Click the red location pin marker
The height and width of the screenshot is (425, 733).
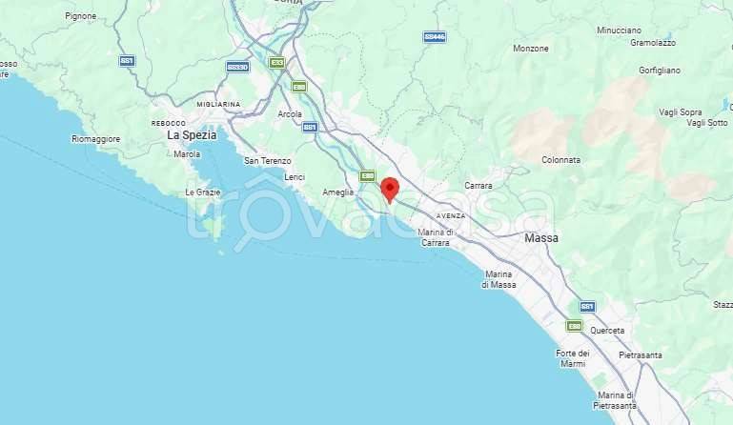[x=389, y=189]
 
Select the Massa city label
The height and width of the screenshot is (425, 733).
[x=541, y=237]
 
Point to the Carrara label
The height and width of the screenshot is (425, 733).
[x=478, y=185]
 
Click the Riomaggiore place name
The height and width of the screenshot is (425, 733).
[x=96, y=139]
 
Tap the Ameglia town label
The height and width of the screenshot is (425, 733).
[x=337, y=192]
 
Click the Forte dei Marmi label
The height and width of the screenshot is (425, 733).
[x=573, y=358]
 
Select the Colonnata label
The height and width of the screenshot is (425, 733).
[x=560, y=160]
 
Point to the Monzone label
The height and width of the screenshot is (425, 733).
[x=531, y=49]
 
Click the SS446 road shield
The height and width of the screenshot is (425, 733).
[x=435, y=37]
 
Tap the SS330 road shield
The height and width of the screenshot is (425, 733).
[x=237, y=67]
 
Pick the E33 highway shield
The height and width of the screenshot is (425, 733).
[x=277, y=63]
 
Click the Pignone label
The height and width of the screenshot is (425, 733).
[x=81, y=16]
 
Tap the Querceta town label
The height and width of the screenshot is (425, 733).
[x=606, y=331]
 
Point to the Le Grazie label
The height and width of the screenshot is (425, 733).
[x=203, y=192]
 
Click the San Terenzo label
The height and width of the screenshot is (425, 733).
[x=266, y=161]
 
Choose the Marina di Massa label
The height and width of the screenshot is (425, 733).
[x=499, y=279]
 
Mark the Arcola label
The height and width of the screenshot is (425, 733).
[x=290, y=114]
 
